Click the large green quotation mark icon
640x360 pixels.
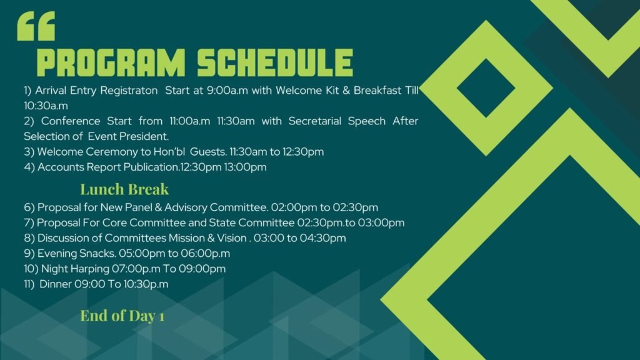[x=36, y=26]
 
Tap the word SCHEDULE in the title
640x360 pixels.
[x=275, y=63]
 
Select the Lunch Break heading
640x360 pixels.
[x=124, y=189]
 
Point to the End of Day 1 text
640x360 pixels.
[x=122, y=316]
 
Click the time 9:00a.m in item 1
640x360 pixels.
[x=227, y=90]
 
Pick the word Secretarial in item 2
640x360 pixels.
[x=315, y=121]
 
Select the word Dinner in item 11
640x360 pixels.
[x=56, y=284]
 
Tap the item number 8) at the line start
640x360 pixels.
[x=29, y=238]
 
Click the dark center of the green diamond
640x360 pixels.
[x=486, y=88]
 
